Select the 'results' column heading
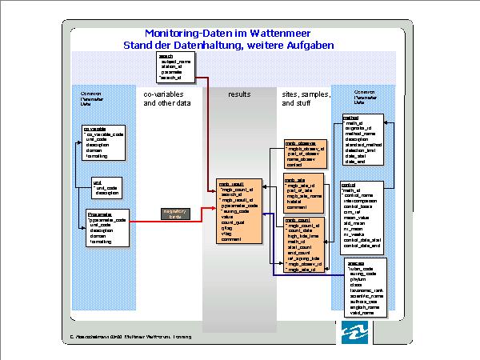point(239,94)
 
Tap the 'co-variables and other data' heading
point(167,98)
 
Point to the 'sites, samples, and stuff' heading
point(306,98)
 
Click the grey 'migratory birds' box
point(175,214)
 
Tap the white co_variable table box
point(105,142)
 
